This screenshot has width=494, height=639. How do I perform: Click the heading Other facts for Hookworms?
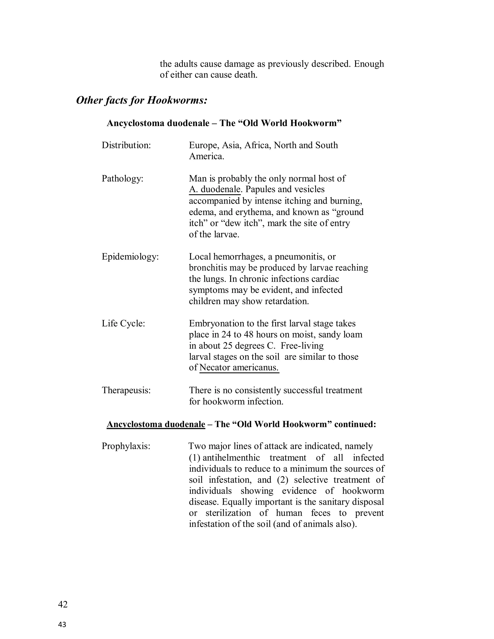pyautogui.click(x=142, y=100)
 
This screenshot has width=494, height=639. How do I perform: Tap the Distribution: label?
pyautogui.click(x=126, y=145)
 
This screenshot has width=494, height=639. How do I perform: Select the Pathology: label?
pyautogui.click(x=122, y=178)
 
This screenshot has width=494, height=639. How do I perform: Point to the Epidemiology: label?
pyautogui.click(x=130, y=257)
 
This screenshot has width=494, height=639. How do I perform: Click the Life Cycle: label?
pyautogui.click(x=123, y=323)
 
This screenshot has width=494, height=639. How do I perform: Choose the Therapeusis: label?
pyautogui.click(x=126, y=390)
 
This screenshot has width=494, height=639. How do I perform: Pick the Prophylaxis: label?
pyautogui.click(x=126, y=446)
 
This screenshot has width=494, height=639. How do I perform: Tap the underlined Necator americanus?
pyautogui.click(x=239, y=368)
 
